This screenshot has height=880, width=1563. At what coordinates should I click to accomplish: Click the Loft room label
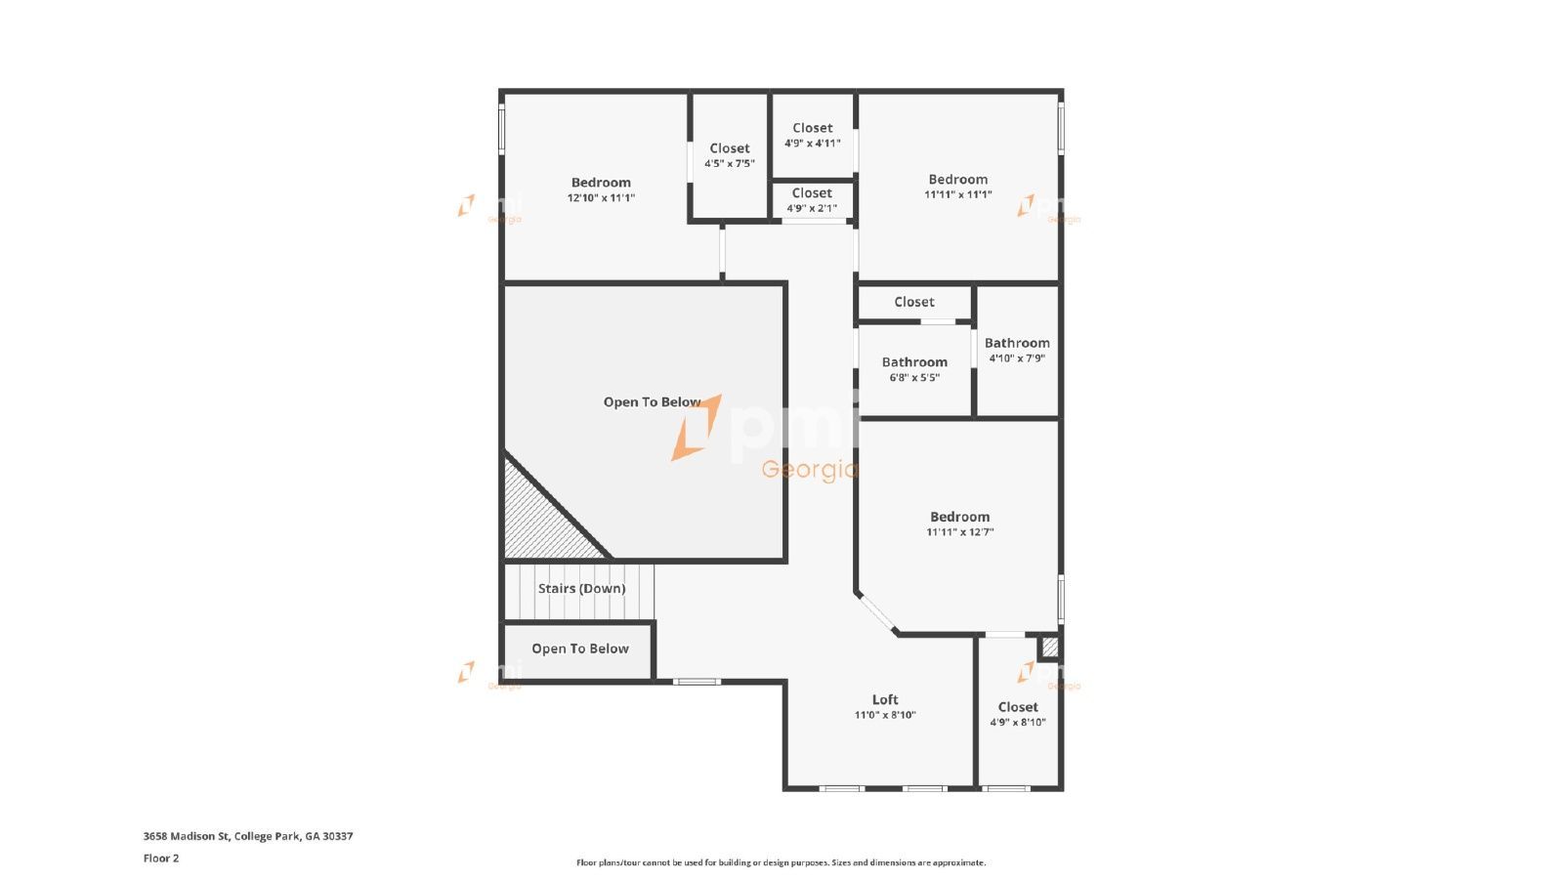[x=885, y=699]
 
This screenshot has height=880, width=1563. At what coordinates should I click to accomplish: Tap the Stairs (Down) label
[x=581, y=588]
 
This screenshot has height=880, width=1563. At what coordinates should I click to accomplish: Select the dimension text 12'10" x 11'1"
[x=601, y=197]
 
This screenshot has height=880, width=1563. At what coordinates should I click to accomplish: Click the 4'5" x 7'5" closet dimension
[x=729, y=163]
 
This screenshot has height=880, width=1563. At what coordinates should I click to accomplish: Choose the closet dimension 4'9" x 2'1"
[x=812, y=208]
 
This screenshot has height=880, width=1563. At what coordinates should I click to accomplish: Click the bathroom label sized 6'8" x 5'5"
[x=914, y=361]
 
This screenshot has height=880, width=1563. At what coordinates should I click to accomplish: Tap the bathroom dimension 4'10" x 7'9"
[x=1017, y=358]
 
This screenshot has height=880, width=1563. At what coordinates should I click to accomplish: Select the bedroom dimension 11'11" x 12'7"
[x=959, y=531]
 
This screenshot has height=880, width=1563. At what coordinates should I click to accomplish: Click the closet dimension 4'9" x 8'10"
[x=1017, y=723]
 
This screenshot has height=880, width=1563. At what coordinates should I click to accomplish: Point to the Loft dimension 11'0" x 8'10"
[x=885, y=715]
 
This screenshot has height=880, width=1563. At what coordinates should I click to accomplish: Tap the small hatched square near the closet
[x=1049, y=647]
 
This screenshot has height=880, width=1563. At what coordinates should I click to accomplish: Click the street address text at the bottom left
[x=248, y=836]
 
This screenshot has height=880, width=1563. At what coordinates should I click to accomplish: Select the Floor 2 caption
[x=161, y=859]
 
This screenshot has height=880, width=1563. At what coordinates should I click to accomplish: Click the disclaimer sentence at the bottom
[x=781, y=862]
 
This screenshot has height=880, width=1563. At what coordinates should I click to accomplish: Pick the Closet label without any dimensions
[x=914, y=302]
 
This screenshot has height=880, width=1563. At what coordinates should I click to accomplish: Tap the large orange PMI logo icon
[x=697, y=428]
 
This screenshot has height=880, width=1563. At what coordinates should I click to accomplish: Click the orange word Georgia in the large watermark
[x=810, y=470]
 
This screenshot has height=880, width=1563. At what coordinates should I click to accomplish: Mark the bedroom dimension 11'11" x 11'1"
[x=958, y=194]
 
